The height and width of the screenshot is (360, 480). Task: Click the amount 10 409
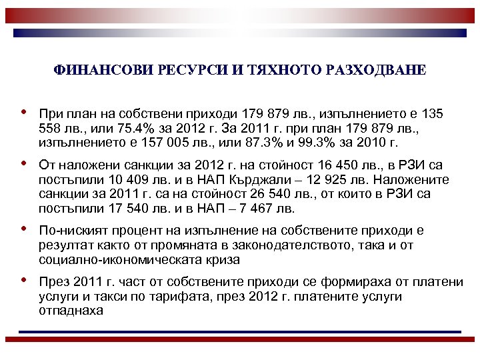pyautogui.click(x=125, y=180)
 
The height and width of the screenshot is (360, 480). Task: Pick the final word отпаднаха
pyautogui.click(x=71, y=311)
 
